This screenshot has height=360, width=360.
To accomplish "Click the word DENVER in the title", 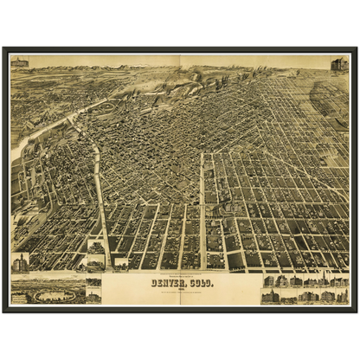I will click(167, 282).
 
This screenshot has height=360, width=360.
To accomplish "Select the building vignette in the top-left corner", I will click(19, 62).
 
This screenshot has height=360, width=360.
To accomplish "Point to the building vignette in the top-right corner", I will click(339, 64).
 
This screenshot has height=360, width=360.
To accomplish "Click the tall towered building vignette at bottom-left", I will click(20, 262).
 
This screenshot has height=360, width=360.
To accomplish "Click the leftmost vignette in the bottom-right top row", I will click(268, 281).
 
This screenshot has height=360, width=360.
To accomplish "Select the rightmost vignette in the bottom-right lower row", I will click(341, 297).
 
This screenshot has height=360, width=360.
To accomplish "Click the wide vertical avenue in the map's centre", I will click(203, 208).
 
